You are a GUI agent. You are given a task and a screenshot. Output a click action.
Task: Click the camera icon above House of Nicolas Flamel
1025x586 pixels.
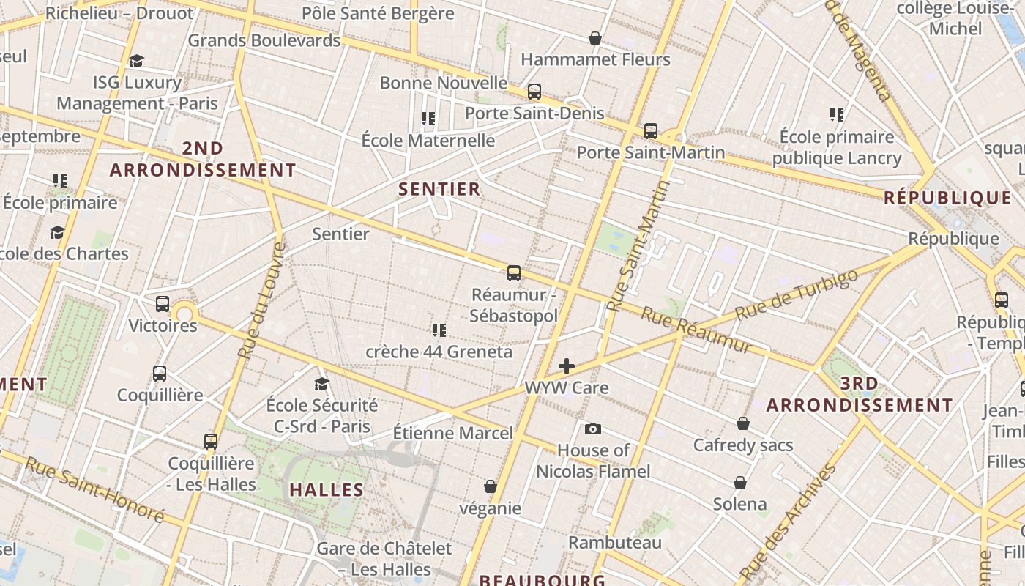[x=593, y=429]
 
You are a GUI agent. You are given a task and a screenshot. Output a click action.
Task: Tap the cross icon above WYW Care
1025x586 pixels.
[x=566, y=366]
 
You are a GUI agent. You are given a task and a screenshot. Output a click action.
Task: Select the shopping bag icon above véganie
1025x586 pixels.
[x=491, y=486]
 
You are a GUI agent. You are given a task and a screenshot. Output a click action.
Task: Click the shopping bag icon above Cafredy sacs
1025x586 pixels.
[x=743, y=423]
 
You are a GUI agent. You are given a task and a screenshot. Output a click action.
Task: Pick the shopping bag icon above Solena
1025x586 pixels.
[x=740, y=483]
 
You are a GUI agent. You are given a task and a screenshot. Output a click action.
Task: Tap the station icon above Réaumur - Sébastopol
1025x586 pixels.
[x=514, y=273]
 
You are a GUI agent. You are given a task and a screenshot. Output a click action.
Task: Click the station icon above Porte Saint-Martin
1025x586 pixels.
[x=651, y=131]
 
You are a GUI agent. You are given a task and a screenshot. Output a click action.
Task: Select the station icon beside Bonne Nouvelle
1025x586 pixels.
[x=534, y=92]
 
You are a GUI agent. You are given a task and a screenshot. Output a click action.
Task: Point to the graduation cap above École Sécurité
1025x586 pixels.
[x=321, y=384]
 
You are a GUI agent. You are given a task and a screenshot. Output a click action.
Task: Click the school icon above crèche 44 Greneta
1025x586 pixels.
[x=439, y=330]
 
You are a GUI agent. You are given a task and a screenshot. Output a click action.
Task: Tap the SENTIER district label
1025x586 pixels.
[x=439, y=189]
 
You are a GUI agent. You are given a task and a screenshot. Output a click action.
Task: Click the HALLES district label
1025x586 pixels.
[x=327, y=489]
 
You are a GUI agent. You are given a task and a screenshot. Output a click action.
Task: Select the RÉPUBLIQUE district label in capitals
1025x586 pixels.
[x=947, y=198]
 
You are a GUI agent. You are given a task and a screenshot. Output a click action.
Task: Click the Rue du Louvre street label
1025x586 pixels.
[x=261, y=300]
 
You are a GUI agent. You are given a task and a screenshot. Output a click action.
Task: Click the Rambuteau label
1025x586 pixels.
[x=615, y=543]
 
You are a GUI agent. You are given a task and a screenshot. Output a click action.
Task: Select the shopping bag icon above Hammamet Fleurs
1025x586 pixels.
[x=595, y=38]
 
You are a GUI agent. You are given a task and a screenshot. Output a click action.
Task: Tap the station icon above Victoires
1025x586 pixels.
[x=163, y=303]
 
